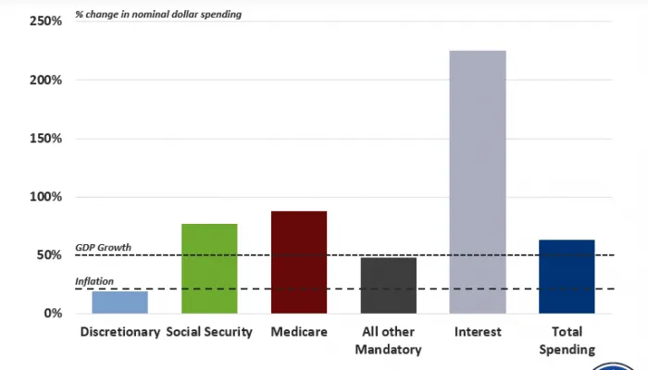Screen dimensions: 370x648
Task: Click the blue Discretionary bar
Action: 120,302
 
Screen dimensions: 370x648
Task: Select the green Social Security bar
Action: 209,268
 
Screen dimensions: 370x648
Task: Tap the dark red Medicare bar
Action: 299,262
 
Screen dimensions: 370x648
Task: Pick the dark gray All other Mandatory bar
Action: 388,285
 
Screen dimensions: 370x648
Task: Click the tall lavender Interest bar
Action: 478,181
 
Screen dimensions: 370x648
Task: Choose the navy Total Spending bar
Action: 567,276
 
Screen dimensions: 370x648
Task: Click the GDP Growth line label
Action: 103,248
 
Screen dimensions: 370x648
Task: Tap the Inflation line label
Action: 93,281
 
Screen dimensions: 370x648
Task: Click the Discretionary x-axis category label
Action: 120,332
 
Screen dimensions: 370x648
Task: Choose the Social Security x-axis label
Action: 209,332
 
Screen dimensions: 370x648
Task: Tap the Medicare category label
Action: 299,332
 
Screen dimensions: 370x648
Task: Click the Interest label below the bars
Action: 478,332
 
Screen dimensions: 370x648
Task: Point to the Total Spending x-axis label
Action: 567,340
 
